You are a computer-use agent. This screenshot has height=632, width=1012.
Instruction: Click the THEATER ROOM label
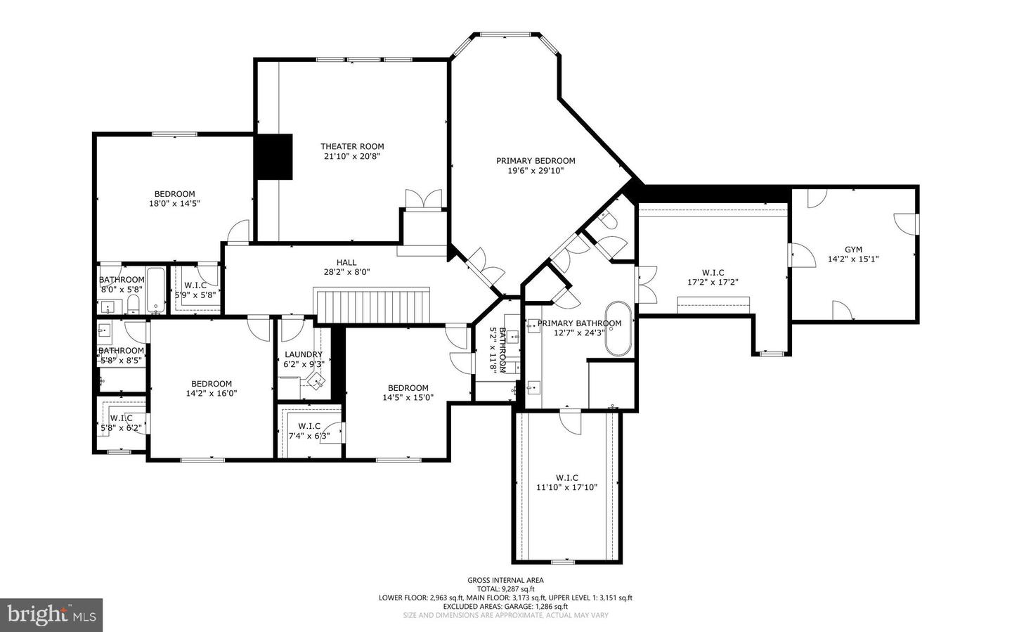[352, 146]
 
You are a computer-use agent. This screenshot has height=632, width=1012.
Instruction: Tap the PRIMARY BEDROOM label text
[536, 160]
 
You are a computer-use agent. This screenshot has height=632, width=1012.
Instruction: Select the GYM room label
[853, 249]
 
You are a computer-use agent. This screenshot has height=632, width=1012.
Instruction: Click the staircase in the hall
[372, 306]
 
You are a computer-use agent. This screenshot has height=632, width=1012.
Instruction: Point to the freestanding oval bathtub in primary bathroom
[618, 329]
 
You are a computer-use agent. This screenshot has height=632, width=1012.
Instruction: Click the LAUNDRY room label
[304, 354]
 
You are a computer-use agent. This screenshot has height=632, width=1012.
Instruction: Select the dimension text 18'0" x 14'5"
[174, 204]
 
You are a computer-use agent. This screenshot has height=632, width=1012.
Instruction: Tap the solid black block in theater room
[273, 156]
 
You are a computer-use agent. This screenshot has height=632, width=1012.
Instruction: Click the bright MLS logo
[51, 615]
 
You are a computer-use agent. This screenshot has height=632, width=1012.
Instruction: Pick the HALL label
[346, 262]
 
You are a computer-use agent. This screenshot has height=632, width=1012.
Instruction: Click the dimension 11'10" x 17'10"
[566, 487]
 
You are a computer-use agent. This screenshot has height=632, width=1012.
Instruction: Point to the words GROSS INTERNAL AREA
[505, 580]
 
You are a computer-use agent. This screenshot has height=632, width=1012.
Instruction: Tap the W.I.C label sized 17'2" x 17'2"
[713, 273]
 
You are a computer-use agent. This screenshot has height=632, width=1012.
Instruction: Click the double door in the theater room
[424, 199]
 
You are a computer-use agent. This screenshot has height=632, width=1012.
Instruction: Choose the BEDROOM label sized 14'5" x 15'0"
[408, 387]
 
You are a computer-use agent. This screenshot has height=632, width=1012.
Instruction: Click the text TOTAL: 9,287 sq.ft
[505, 589]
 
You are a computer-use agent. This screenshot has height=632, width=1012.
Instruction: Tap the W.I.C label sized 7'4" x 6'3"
[309, 426]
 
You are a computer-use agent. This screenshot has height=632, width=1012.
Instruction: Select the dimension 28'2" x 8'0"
[346, 272]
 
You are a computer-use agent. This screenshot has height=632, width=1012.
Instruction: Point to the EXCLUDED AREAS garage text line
[505, 606]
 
